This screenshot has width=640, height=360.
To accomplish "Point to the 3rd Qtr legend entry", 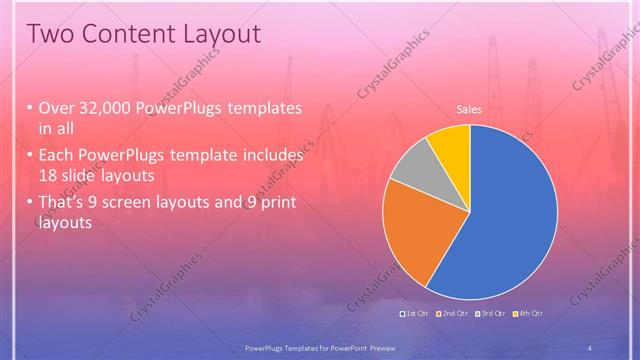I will point(491,314).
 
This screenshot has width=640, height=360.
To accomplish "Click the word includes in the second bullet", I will point(270,155).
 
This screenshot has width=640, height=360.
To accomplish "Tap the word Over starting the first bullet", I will point(58,108).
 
